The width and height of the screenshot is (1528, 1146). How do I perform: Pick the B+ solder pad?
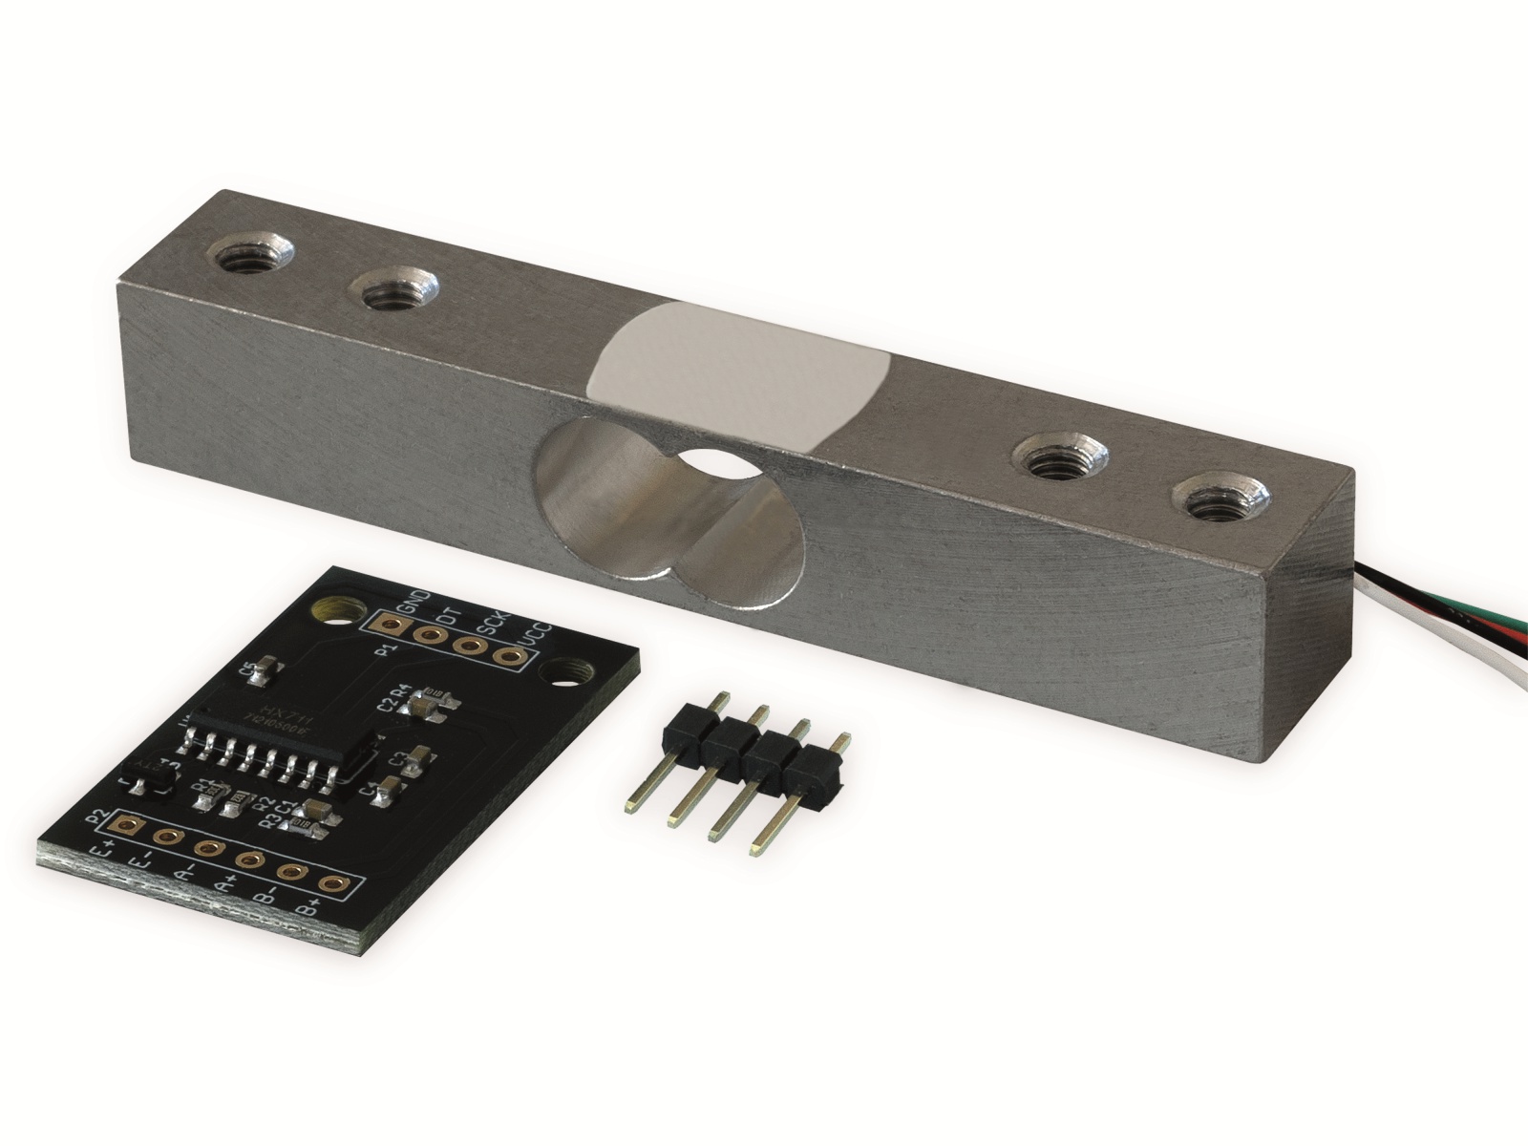(x=330, y=884)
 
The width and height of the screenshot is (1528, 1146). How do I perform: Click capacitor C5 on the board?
(x=269, y=668)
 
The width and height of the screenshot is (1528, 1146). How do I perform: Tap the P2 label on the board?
(x=96, y=817)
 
